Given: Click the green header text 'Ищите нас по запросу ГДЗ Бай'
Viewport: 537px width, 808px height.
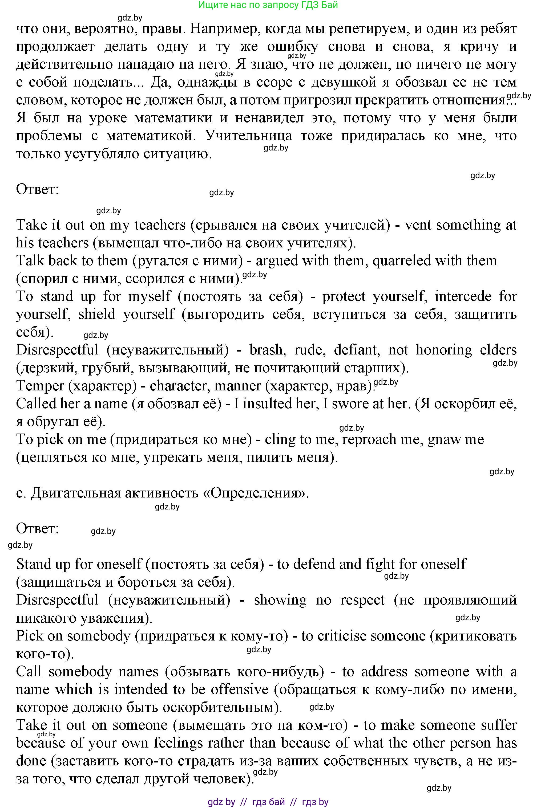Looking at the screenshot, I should (x=268, y=5).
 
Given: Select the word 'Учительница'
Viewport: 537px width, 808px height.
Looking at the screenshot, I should (x=249, y=136).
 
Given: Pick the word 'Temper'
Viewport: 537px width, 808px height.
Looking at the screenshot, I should (x=40, y=386).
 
